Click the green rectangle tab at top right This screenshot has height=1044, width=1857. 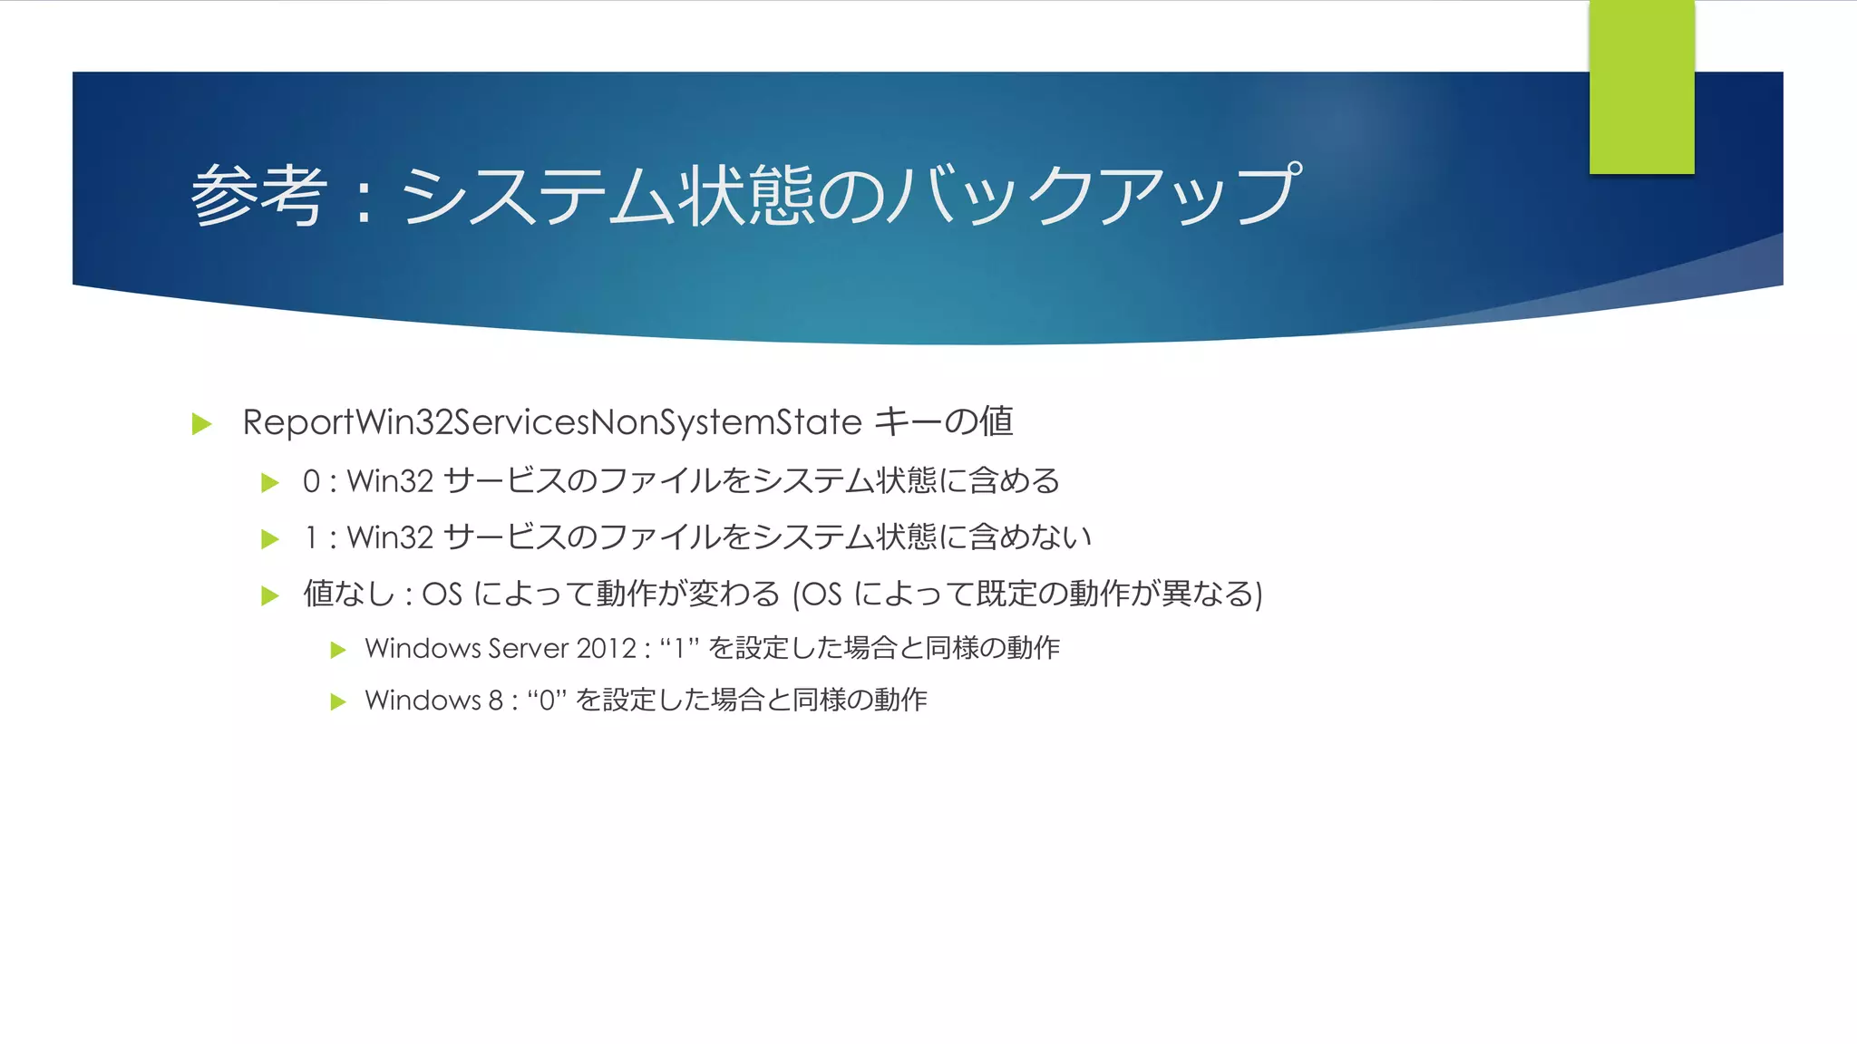(x=1641, y=87)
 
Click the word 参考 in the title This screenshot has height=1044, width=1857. (x=258, y=195)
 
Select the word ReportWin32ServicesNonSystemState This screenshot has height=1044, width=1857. (x=551, y=422)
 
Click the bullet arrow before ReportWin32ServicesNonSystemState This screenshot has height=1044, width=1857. (x=202, y=424)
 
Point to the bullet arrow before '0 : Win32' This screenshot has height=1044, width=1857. (x=270, y=482)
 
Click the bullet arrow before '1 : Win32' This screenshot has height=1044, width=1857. (x=270, y=539)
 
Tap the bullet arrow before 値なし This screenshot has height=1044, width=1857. (x=270, y=595)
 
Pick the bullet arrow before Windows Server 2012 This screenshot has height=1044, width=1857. (x=338, y=650)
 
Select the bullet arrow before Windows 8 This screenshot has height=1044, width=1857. (x=338, y=701)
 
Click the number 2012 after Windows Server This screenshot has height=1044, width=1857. (x=606, y=649)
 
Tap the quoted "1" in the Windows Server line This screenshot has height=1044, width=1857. (x=679, y=649)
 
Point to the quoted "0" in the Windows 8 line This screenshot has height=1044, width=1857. (x=547, y=701)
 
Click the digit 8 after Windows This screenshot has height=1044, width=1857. (x=495, y=701)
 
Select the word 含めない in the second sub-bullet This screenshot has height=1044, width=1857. (x=1030, y=537)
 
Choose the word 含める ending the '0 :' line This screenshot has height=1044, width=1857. (x=1014, y=480)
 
